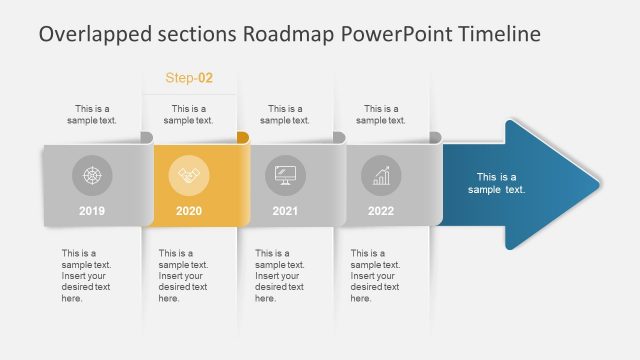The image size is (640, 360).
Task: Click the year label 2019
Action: point(92,211)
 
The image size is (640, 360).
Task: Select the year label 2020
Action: point(189,211)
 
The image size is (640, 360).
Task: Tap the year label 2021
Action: point(285,211)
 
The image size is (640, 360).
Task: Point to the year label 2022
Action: point(381,211)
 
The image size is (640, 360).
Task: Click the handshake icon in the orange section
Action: point(189,176)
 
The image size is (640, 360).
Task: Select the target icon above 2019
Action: point(92,176)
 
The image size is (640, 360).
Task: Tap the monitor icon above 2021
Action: point(285,176)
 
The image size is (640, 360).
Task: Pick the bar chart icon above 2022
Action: point(381,176)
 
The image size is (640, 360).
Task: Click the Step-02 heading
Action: point(189,78)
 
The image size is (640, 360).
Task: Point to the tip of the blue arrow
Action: point(599,184)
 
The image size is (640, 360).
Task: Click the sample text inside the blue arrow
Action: point(496,183)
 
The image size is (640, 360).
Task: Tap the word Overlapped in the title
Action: point(87,34)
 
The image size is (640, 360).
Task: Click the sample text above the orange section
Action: point(189,114)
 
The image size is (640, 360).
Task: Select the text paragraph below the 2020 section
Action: point(183,275)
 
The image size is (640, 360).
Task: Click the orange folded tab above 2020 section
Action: point(242,137)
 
